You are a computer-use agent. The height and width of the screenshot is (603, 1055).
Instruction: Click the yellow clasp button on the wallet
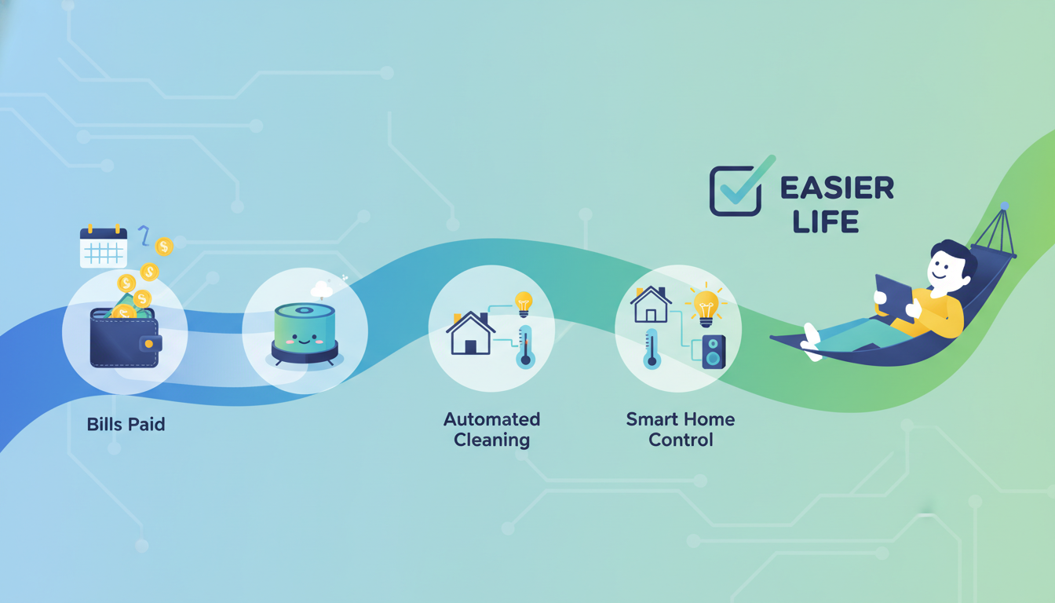click(149, 344)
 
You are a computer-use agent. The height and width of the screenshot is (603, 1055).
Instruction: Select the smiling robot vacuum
click(305, 334)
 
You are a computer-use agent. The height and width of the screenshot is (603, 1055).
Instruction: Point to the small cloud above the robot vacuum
click(322, 289)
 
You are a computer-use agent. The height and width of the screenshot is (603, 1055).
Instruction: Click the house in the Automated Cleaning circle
click(470, 333)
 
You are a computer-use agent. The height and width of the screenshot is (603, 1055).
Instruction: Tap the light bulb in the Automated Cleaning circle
click(524, 304)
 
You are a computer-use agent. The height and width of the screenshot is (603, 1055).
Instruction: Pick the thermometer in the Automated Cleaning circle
click(524, 347)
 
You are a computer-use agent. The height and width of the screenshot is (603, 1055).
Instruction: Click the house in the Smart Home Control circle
click(651, 305)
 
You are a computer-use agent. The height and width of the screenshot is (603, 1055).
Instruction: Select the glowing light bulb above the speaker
click(706, 307)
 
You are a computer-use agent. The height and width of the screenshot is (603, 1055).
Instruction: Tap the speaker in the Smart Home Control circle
click(714, 352)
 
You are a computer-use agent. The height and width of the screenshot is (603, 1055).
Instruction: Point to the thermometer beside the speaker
click(652, 349)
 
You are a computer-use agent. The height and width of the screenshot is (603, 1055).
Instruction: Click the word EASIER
click(837, 188)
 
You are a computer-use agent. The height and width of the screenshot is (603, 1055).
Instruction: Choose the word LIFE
click(826, 222)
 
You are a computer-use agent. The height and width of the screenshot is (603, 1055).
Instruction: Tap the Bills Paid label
click(126, 425)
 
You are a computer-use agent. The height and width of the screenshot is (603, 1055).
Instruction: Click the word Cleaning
click(491, 440)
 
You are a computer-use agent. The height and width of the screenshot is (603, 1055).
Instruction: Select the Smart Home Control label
click(681, 429)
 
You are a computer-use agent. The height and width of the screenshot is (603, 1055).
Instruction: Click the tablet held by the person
click(894, 298)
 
